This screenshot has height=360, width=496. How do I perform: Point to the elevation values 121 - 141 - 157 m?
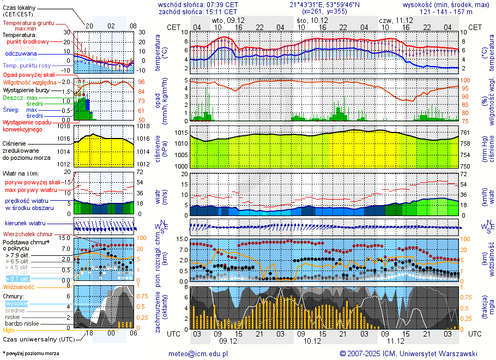click(446, 11)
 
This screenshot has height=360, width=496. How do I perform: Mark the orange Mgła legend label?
click(9, 330)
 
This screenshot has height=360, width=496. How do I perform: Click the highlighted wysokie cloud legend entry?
click(16, 303)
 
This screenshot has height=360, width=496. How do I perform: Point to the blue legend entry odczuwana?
click(21, 54)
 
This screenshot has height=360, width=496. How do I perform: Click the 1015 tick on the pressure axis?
click(181, 133)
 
